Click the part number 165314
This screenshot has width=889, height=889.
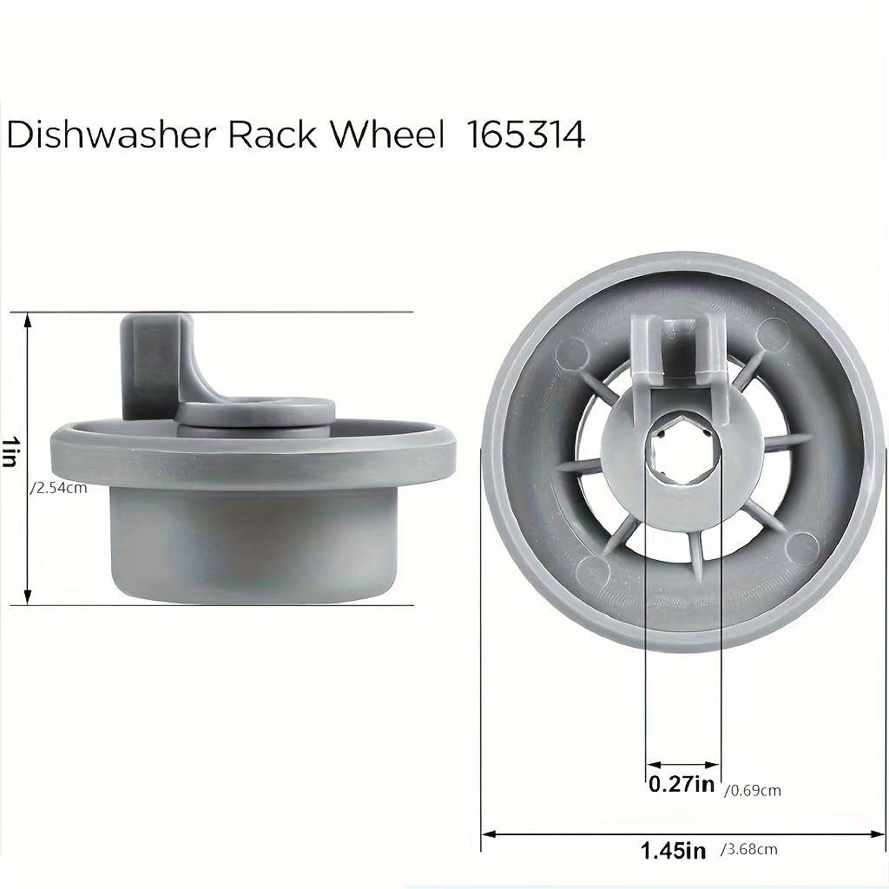[x=526, y=136]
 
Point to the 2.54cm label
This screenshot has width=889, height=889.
[x=59, y=489]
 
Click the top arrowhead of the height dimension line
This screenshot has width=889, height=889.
[x=29, y=319]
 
